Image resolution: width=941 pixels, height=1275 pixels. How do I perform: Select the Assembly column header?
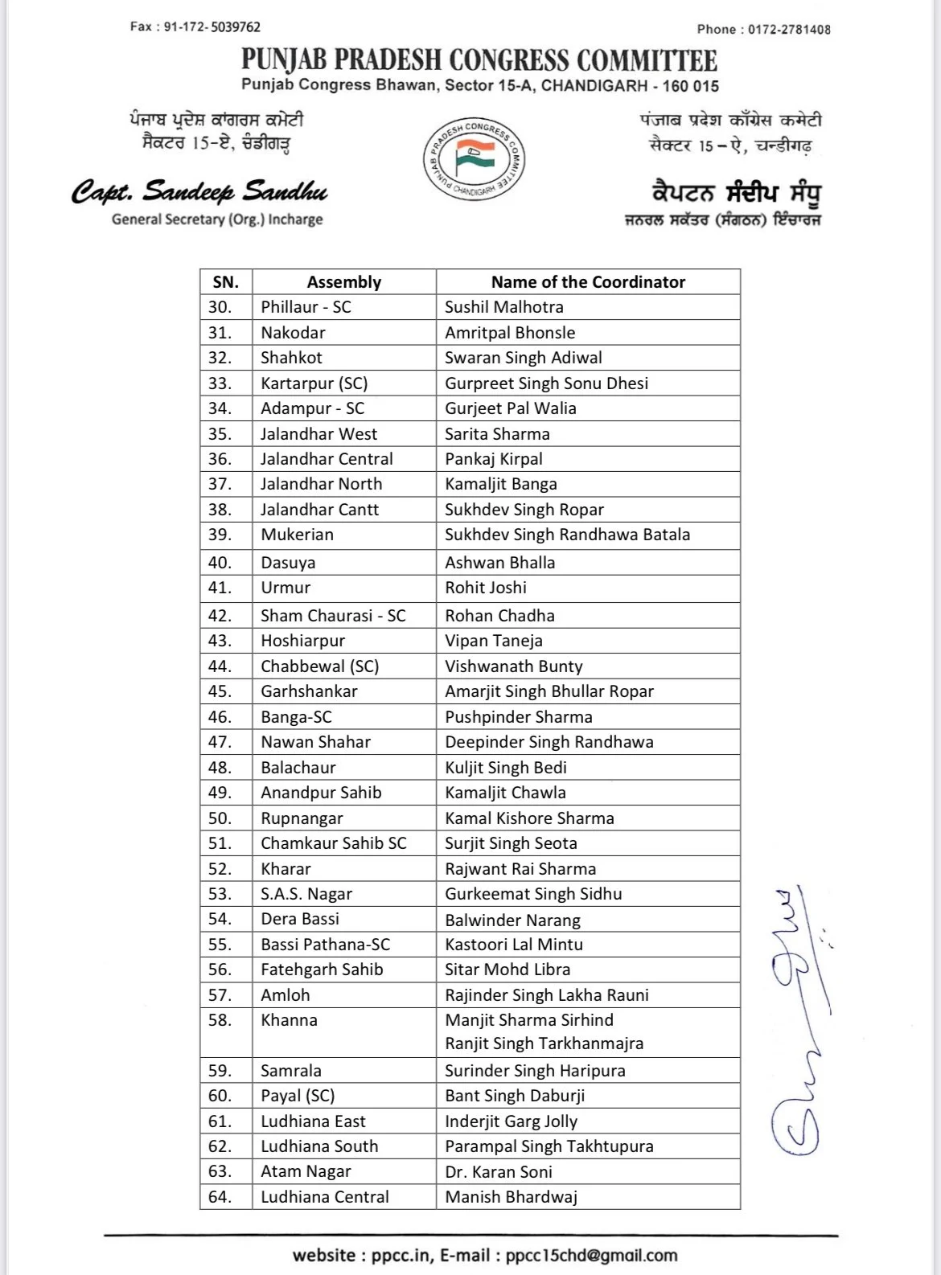[343, 281]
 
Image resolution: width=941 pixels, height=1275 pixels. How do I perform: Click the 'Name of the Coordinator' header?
[588, 281]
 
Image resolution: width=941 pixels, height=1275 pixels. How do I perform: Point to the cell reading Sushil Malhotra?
[504, 307]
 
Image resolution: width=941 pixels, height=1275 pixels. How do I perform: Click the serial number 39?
[220, 535]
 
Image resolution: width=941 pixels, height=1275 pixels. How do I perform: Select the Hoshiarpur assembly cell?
[302, 641]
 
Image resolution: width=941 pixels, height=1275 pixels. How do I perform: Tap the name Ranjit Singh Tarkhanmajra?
[544, 1043]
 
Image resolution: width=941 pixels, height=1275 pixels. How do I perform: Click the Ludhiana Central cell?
[324, 1196]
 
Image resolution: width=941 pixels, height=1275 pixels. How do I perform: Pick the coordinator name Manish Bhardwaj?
[511, 1196]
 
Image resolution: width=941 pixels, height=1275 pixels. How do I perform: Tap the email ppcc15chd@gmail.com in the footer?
[591, 1255]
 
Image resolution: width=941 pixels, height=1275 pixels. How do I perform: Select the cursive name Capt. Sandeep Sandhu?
[199, 192]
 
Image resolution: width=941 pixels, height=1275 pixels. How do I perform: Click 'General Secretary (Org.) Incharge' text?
[217, 219]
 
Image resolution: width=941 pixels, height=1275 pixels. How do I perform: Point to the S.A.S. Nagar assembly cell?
[306, 894]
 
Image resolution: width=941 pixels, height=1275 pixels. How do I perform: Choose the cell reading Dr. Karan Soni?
[499, 1171]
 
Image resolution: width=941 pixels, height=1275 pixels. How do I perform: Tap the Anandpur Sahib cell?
[321, 793]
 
